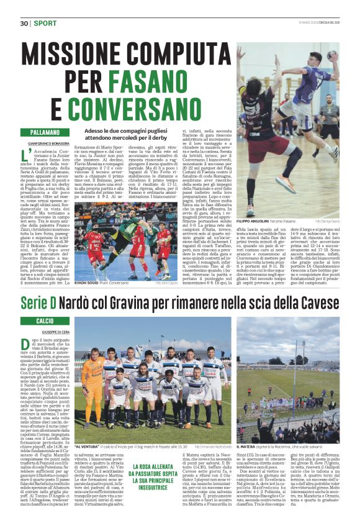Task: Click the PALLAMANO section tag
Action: click(44, 133)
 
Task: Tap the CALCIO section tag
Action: click(36, 321)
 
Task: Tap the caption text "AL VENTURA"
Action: click(88, 446)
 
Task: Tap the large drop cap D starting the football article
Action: click(27, 343)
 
